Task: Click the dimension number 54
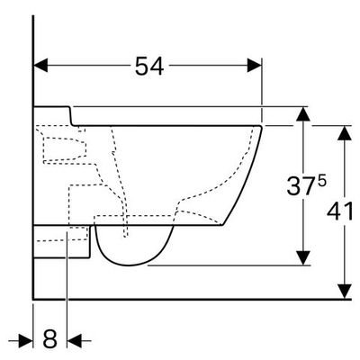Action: (x=149, y=66)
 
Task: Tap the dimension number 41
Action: (x=340, y=211)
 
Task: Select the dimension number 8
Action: (x=49, y=339)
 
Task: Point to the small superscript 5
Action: (x=321, y=181)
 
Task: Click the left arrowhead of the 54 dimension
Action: (x=40, y=66)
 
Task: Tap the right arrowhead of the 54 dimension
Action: (x=255, y=66)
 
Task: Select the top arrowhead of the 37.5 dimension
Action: (x=303, y=114)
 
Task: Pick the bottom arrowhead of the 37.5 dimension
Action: (x=303, y=258)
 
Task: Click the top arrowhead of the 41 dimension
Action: (x=345, y=133)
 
